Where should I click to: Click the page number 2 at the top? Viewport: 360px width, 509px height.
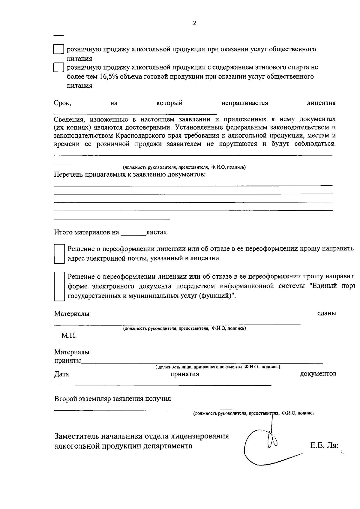(194, 23)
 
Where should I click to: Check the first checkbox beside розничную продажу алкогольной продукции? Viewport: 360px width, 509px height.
(58, 49)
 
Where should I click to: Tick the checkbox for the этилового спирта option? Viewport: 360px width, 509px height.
(58, 67)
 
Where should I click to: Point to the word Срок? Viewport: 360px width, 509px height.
(62, 103)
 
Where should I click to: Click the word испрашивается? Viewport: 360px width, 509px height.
(244, 103)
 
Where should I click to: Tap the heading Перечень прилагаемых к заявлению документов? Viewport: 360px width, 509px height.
(130, 175)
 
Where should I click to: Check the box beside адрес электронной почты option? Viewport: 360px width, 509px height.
(59, 254)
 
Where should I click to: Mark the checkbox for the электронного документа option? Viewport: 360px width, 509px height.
(59, 286)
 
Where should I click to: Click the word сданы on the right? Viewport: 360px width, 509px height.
(326, 313)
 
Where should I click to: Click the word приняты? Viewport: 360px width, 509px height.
(67, 361)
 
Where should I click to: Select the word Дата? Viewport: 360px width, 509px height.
(61, 374)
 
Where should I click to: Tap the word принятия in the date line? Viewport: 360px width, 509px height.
(184, 374)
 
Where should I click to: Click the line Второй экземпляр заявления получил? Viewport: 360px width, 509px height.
(112, 399)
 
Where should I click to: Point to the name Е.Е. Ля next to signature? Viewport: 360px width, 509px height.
(324, 446)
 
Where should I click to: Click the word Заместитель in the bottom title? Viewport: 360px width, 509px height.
(76, 436)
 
